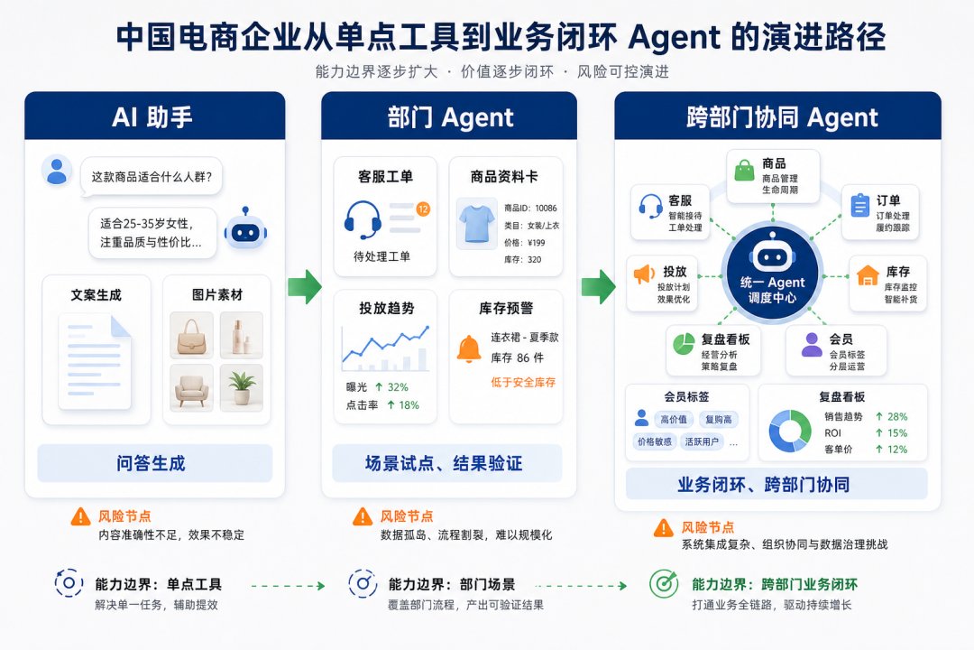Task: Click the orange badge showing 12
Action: [423, 209]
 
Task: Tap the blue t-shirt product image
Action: [476, 223]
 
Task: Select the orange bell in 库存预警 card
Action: [469, 349]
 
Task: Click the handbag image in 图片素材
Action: [191, 335]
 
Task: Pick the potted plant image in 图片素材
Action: [242, 388]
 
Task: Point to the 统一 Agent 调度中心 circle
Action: [772, 275]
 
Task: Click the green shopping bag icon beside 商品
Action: [744, 171]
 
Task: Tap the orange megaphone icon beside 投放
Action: [644, 274]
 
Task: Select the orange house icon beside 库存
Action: [868, 275]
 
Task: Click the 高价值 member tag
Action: [674, 419]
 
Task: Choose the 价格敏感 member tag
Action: [655, 441]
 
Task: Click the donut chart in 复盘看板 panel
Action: [790, 431]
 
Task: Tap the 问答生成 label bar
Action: [155, 463]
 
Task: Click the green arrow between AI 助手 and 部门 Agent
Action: [305, 287]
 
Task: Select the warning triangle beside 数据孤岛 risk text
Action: [363, 516]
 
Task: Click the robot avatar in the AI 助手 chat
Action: [245, 229]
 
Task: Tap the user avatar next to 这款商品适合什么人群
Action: [57, 171]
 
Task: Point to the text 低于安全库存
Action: [523, 383]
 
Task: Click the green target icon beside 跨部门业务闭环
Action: [664, 583]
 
